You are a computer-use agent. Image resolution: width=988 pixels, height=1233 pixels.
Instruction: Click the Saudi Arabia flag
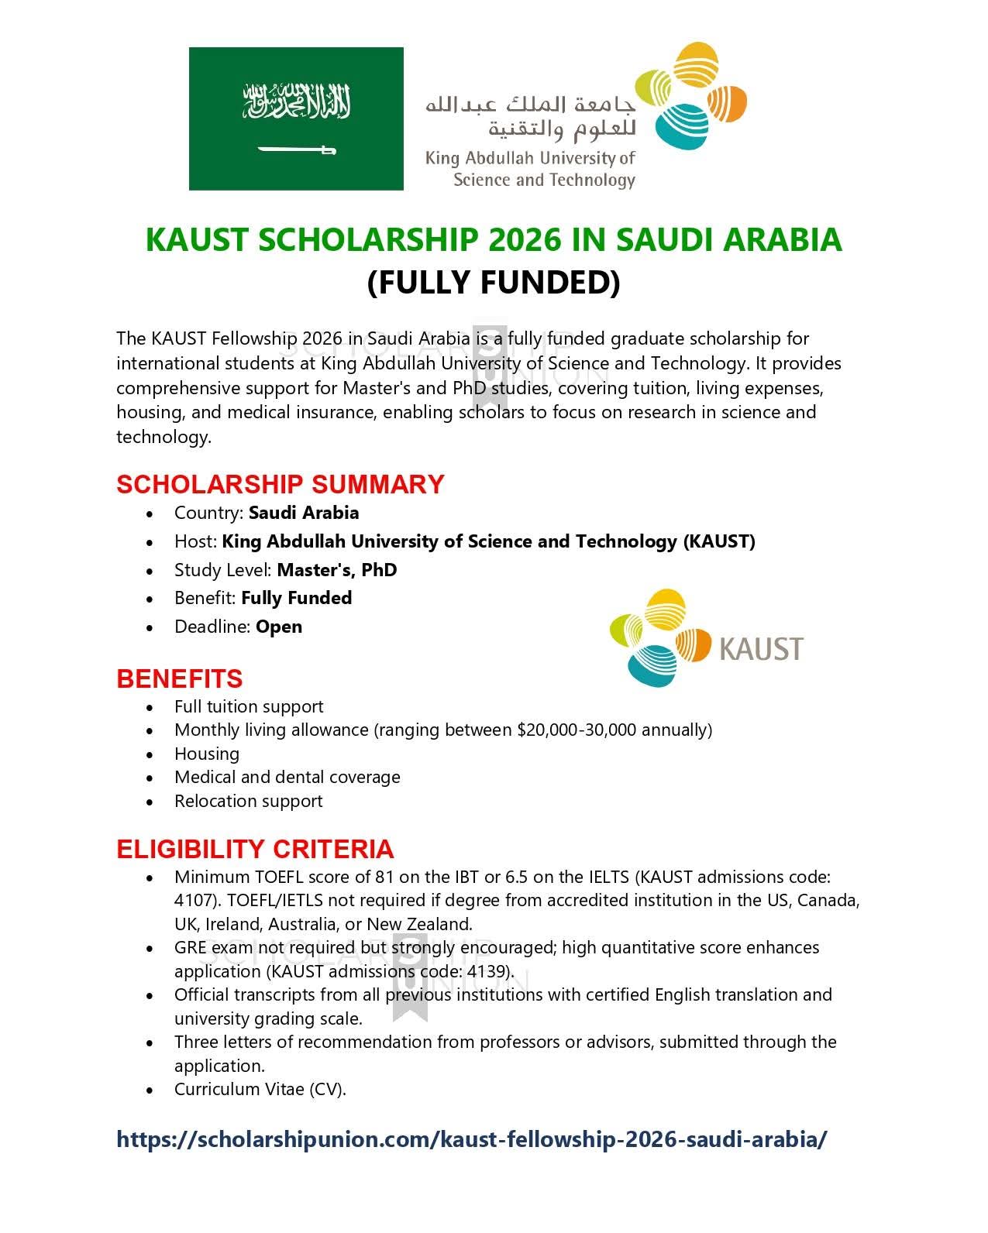coord(296,118)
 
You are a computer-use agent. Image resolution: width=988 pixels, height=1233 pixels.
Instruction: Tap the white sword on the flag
coord(296,149)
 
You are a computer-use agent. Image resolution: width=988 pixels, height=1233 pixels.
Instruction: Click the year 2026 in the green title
coord(525,239)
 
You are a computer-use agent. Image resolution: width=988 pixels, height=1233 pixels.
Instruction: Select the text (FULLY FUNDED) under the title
coord(494,282)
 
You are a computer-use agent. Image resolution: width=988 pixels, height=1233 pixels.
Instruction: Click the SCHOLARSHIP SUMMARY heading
coord(280,484)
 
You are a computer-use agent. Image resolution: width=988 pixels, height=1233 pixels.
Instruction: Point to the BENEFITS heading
coord(179,678)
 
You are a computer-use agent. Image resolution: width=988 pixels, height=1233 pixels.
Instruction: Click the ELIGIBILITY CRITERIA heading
coord(255,849)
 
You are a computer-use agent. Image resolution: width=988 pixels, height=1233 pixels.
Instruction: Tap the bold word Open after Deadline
coord(279,627)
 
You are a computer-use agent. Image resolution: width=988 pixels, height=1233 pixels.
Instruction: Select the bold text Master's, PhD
coord(337,570)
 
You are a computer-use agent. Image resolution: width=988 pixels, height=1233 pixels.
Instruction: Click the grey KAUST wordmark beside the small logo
coord(761,648)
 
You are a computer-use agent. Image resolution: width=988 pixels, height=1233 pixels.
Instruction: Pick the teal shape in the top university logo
coord(681,126)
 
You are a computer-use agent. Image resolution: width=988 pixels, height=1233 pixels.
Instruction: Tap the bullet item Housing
coord(207,754)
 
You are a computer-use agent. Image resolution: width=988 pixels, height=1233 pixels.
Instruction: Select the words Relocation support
coord(248,801)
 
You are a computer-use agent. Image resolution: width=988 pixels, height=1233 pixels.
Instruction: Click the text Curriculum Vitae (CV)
coord(260,1089)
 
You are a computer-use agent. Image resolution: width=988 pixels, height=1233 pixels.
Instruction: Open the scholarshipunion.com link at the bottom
coord(471,1139)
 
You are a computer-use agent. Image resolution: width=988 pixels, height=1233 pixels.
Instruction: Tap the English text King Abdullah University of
coord(530,159)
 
